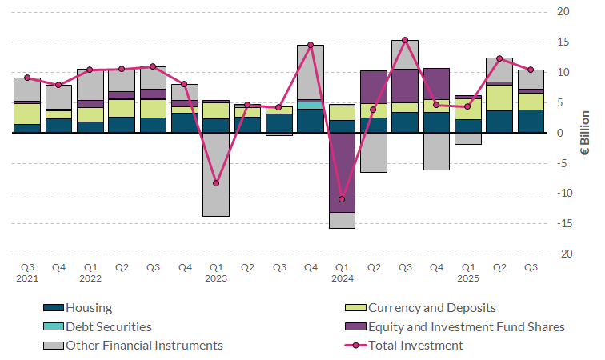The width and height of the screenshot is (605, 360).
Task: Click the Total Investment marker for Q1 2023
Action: [216, 183]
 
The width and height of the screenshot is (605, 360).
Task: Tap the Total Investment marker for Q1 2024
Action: [342, 199]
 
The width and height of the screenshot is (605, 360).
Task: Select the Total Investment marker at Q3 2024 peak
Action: [405, 40]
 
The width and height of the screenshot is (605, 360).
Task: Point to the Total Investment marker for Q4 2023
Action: [311, 45]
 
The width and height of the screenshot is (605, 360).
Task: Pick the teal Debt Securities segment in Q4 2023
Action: [311, 105]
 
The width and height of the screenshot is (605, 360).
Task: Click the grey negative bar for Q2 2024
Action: [374, 152]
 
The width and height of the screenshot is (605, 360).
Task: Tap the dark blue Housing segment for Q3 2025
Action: [531, 121]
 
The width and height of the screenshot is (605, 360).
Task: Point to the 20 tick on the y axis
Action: [563, 12]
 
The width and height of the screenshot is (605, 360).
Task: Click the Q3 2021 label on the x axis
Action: [27, 273]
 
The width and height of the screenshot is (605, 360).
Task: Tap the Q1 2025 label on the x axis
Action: [468, 273]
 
